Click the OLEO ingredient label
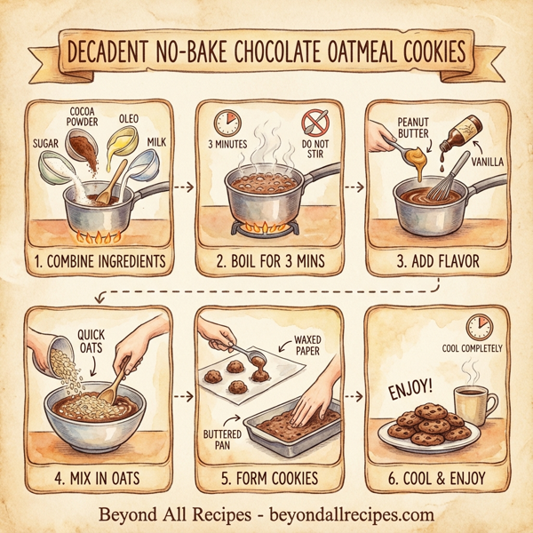click(127, 119)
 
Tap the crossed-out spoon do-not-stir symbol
click(313, 120)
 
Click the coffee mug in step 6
click(470, 405)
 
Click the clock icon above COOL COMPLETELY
click(479, 325)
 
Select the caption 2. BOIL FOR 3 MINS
click(266, 262)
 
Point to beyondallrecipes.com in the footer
click(350, 513)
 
